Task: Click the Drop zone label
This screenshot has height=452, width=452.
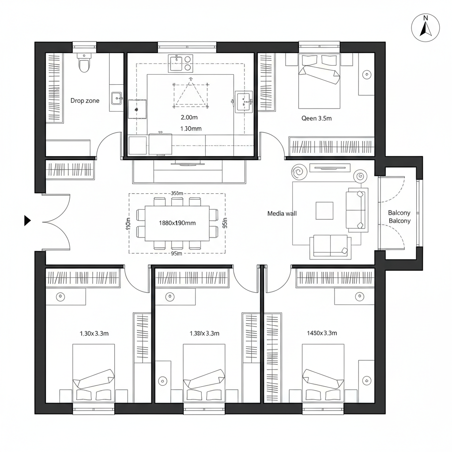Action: point(85,101)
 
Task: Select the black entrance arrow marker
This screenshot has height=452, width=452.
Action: point(27,220)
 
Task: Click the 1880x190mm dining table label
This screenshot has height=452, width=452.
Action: point(177,223)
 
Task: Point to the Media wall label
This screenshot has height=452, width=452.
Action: point(282,213)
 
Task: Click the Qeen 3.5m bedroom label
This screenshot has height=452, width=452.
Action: point(316,118)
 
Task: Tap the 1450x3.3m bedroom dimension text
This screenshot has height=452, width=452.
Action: point(321,333)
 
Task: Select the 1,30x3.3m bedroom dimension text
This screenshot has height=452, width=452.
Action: point(94,333)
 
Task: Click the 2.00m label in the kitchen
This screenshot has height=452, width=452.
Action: point(189,117)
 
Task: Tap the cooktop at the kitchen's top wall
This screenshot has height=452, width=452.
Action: point(181,63)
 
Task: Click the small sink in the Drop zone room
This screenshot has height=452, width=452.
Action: point(117,98)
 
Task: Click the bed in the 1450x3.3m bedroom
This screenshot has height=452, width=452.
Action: point(323,373)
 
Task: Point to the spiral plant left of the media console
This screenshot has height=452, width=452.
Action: point(299,172)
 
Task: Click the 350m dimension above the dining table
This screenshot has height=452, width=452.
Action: point(177,193)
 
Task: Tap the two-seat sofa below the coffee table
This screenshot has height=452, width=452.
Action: point(330,246)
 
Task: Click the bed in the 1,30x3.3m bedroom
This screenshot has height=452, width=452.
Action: point(94,373)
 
